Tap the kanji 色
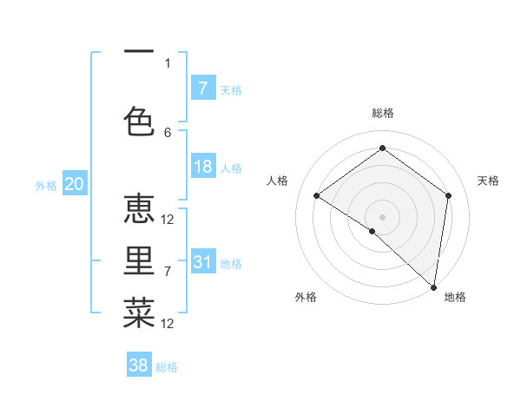click(139, 122)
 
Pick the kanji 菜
click(139, 313)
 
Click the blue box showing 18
click(203, 168)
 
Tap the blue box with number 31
click(203, 262)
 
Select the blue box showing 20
click(74, 184)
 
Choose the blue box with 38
click(139, 365)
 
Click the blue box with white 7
click(203, 89)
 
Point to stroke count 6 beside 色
click(168, 133)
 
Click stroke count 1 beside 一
click(168, 63)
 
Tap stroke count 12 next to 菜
click(168, 324)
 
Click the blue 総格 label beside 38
click(167, 367)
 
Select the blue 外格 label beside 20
click(46, 186)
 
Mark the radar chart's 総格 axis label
click(382, 113)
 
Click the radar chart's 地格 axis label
click(455, 297)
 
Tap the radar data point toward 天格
click(449, 195)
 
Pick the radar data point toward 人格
click(317, 195)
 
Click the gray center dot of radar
click(382, 216)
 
